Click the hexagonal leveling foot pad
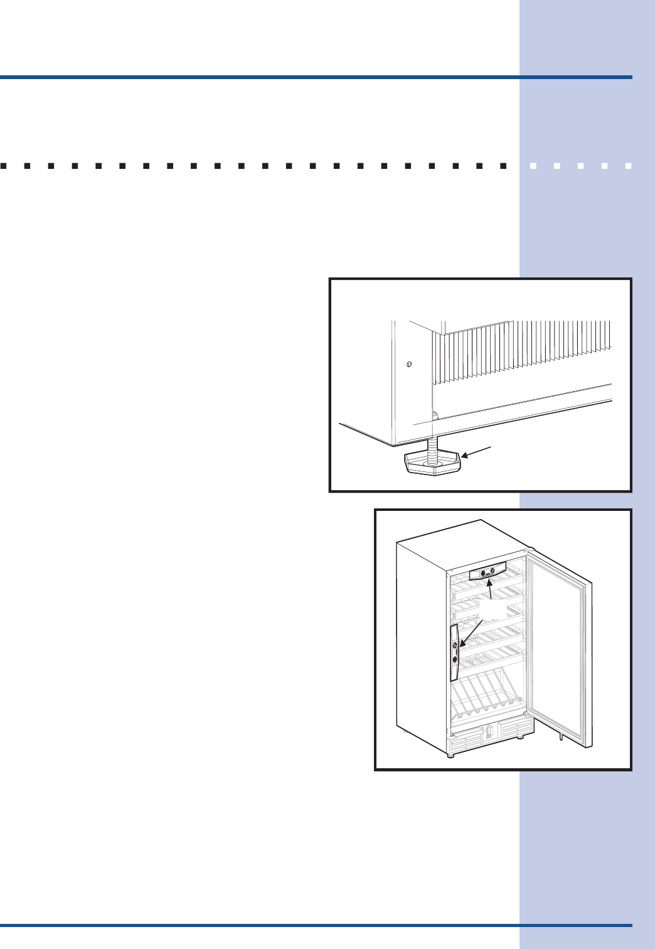pos(433,465)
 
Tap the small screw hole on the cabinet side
pos(409,365)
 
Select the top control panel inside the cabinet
pos(487,572)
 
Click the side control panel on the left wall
pos(454,653)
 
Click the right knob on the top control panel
pos(493,571)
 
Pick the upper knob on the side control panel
pos(454,645)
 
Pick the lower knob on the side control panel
pos(455,660)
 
